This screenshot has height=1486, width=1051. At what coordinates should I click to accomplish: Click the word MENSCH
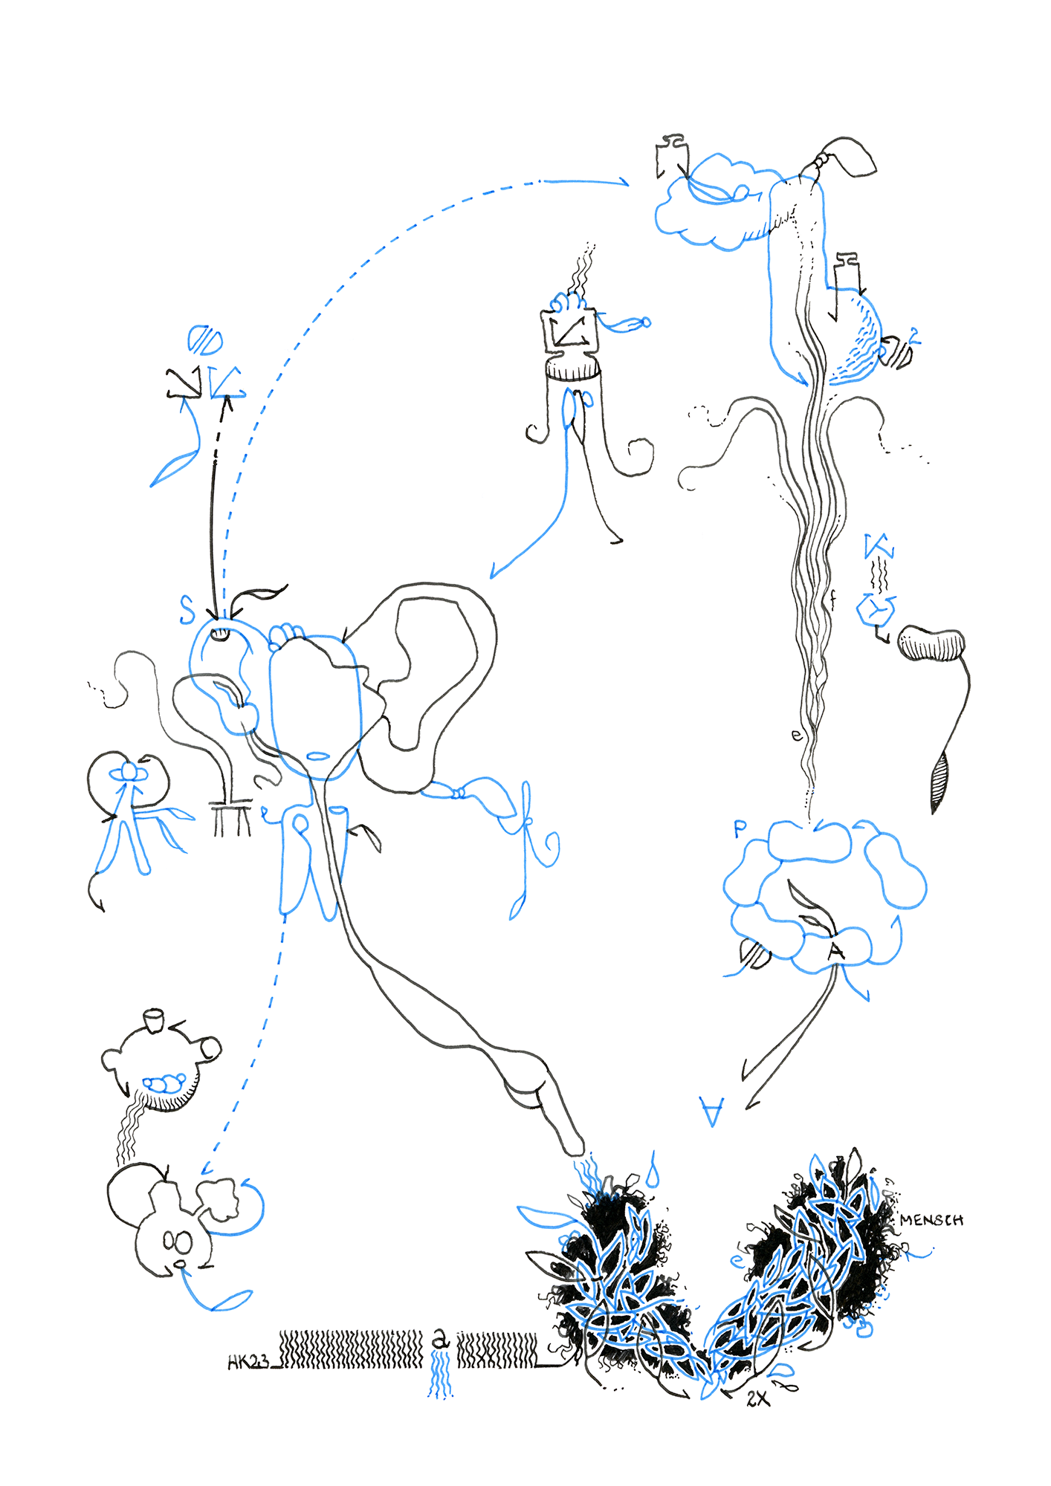coord(931,1220)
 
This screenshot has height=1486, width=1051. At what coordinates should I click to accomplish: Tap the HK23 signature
coord(248,1362)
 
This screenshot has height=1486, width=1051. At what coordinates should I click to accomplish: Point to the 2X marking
coord(757,1399)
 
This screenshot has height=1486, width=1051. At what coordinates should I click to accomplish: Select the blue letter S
coord(187,609)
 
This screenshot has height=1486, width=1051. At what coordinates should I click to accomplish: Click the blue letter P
coord(739,828)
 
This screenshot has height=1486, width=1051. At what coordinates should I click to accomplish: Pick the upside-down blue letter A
coord(712,1111)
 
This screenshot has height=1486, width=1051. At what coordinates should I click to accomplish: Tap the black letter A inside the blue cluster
coord(837,950)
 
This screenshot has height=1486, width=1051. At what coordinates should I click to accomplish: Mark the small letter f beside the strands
coord(833,599)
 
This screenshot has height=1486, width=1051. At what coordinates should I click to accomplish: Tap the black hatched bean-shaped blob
coord(931,643)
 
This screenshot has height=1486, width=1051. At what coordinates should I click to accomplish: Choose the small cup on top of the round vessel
coord(153,1020)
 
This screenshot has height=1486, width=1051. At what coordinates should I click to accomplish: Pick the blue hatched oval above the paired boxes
coord(204,341)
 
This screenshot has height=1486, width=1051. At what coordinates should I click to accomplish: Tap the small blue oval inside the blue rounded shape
coord(318,756)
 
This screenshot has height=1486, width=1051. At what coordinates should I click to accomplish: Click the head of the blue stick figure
coord(129,773)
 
